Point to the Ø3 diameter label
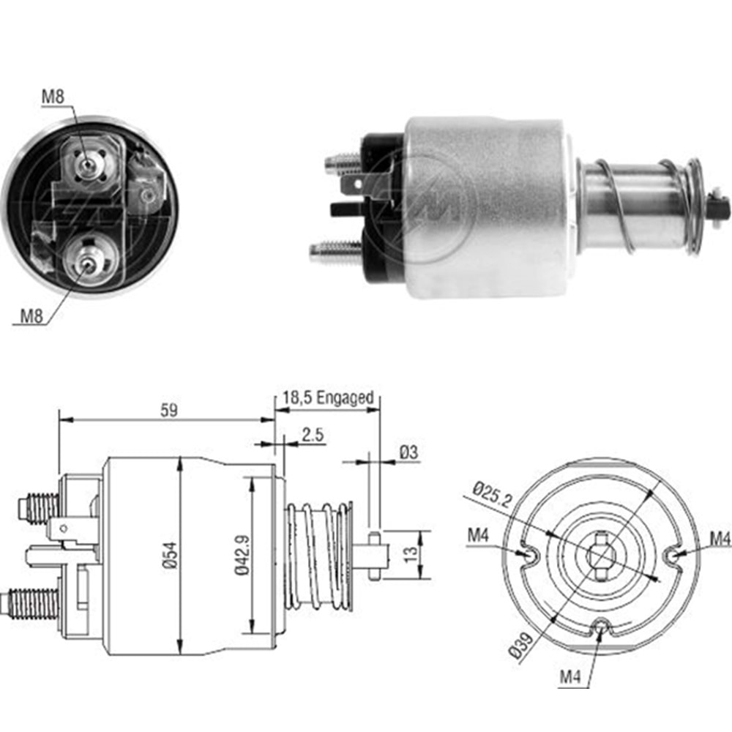[408, 453]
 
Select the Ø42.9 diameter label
[242, 556]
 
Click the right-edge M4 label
[720, 539]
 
